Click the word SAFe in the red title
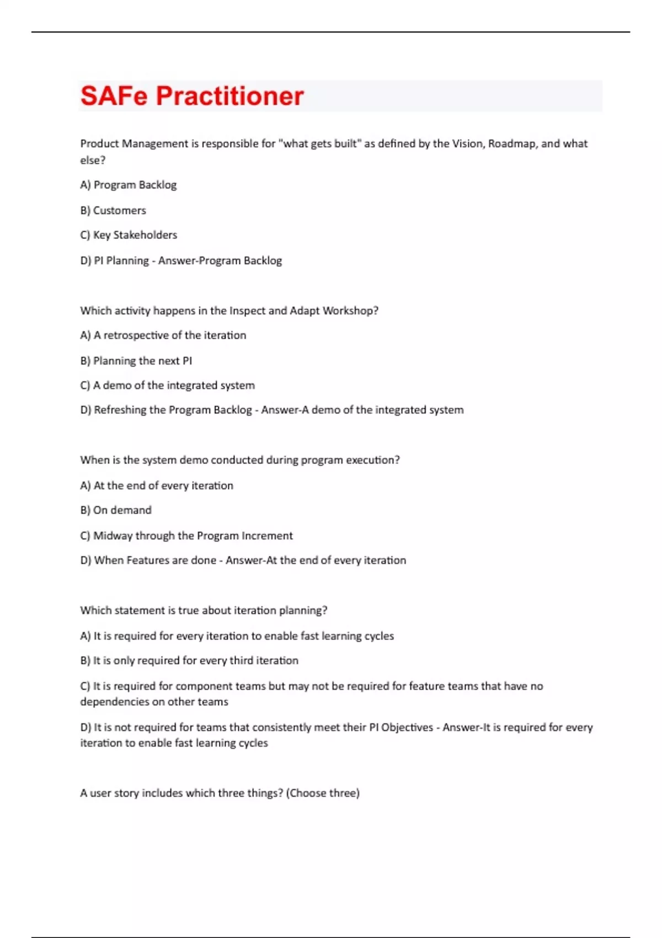click(114, 96)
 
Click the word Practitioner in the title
click(229, 96)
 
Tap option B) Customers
click(113, 210)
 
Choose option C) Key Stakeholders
click(129, 235)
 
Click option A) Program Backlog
click(129, 185)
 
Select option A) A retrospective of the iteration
click(163, 335)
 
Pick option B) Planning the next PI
click(136, 361)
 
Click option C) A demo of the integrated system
click(168, 385)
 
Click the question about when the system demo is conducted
click(240, 460)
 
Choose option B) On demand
click(116, 510)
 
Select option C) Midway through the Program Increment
click(186, 536)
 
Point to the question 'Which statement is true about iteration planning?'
click(204, 610)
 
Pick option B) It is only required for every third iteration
click(189, 660)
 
